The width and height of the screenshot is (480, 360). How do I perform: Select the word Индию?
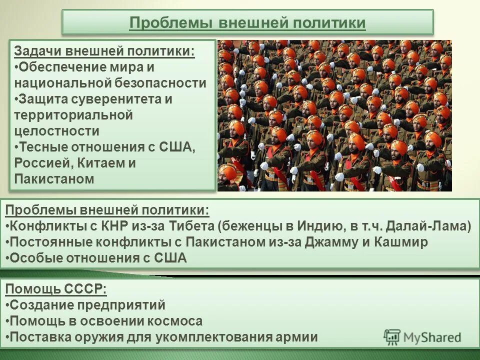pyautogui.click(x=319, y=226)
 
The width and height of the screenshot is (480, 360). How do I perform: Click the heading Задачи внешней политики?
pyautogui.click(x=104, y=51)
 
